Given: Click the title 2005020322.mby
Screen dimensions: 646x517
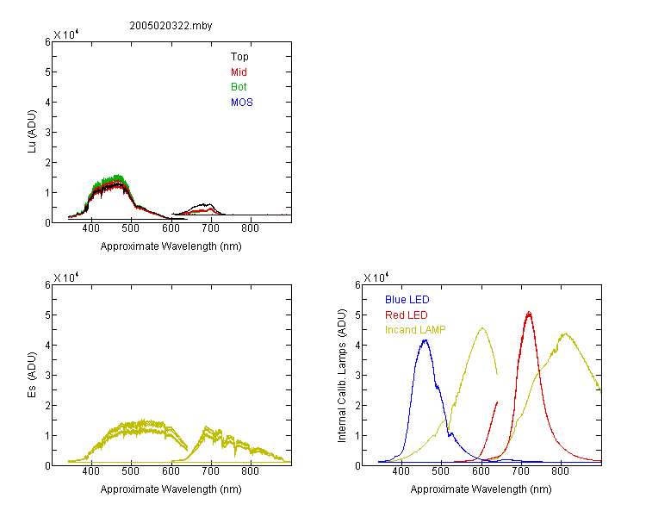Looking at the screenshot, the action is [171, 26].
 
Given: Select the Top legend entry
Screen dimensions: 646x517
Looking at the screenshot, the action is [239, 57].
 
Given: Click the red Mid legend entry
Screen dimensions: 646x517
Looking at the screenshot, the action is [239, 72].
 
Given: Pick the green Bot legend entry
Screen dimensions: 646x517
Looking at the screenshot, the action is [239, 87].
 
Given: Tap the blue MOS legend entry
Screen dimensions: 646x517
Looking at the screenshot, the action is [242, 103].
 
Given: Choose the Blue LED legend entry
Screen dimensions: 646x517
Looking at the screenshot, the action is [407, 300].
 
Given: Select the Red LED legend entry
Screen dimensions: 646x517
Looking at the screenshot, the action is [407, 315].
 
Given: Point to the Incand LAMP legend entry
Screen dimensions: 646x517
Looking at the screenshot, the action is [415, 330].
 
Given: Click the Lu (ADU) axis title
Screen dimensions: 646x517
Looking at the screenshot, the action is [32, 132].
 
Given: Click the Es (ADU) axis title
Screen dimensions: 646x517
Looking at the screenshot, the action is [32, 375].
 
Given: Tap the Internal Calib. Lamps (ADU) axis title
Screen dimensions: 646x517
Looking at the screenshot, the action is [342, 376].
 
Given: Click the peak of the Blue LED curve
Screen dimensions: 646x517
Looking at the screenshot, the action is [425, 340].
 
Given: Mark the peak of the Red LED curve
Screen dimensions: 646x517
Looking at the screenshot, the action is [529, 312].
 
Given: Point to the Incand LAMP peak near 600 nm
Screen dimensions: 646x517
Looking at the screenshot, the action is [482, 328].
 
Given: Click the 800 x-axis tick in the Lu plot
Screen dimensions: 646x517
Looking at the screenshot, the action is [250, 228].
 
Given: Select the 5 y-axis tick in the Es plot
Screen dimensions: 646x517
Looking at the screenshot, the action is [47, 315].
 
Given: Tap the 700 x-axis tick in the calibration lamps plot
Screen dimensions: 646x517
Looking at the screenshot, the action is [521, 471].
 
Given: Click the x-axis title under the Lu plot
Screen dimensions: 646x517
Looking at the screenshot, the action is [171, 246].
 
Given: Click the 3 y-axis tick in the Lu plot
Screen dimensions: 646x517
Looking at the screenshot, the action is [47, 133].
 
